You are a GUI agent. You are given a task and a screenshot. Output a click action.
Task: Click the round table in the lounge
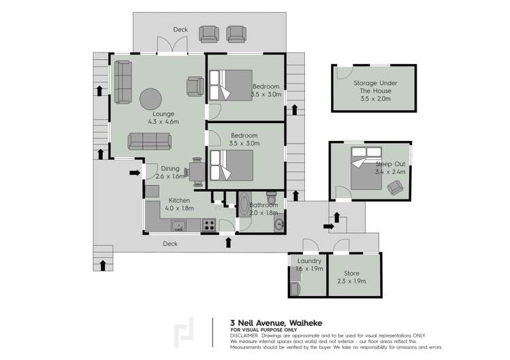pyautogui.click(x=151, y=99)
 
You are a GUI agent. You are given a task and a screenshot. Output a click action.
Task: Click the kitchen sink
pyautogui.click(x=179, y=225)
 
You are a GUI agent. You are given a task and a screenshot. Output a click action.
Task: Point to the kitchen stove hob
pyautogui.click(x=209, y=225)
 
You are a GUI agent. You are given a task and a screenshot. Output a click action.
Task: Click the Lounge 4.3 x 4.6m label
pyautogui.click(x=163, y=118)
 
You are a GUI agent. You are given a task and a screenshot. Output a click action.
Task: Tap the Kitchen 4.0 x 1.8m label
pyautogui.click(x=180, y=204)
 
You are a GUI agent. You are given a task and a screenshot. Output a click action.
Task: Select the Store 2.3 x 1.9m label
pyautogui.click(x=351, y=276)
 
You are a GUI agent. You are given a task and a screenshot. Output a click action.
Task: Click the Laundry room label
pyautogui.click(x=309, y=265)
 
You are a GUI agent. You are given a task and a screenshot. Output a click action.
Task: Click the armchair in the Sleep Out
pyautogui.click(x=394, y=186)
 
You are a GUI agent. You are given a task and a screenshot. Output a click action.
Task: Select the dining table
pyautogui.click(x=197, y=172)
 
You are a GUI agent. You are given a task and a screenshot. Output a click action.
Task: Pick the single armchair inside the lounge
pyautogui.click(x=194, y=86)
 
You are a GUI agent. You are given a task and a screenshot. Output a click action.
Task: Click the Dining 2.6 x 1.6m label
pyautogui.click(x=170, y=173)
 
